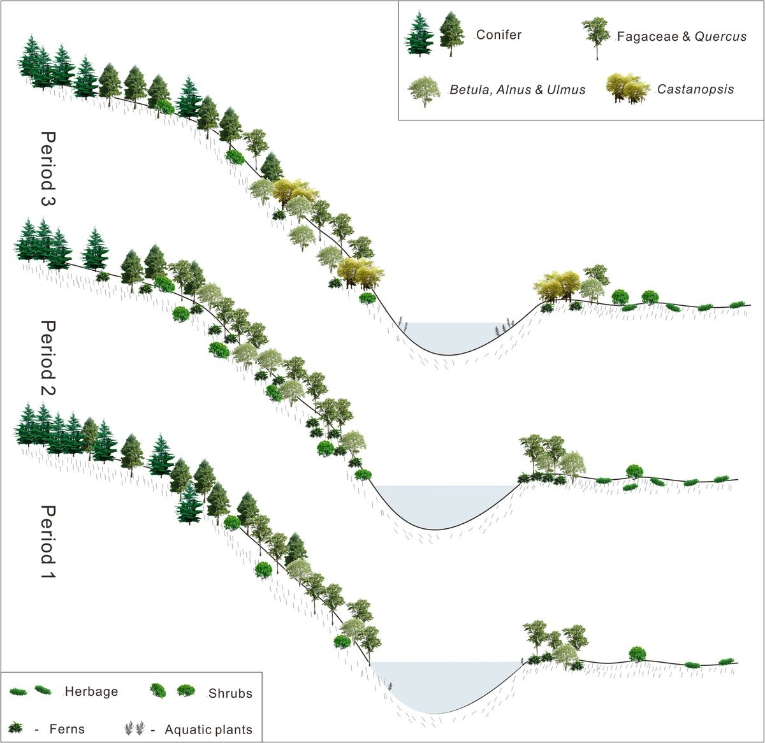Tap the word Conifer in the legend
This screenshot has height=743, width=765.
[x=499, y=35]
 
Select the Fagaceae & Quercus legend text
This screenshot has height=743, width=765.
[x=681, y=36]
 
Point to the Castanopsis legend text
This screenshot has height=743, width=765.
[x=696, y=89]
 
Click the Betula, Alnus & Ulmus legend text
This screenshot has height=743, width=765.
[x=518, y=90]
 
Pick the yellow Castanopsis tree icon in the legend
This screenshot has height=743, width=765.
[x=627, y=88]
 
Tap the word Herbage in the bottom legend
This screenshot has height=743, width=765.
[x=91, y=691]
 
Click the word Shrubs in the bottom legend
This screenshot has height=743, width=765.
[x=230, y=693]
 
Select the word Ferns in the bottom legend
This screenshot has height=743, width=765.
[x=66, y=729]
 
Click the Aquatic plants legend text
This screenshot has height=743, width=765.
[x=208, y=730]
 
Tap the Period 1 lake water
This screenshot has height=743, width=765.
[x=440, y=682]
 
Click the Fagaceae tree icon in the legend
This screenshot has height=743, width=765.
[x=595, y=37]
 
